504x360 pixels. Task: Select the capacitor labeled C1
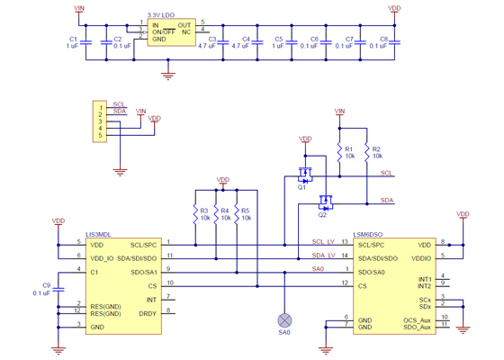point(85,42)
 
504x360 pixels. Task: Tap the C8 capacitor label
point(383,40)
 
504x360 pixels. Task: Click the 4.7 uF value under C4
point(240,46)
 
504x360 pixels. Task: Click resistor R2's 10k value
point(376,156)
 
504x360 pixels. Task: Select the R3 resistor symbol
point(194,214)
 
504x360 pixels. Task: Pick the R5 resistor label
point(246,211)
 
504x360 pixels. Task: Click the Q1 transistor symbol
point(306,174)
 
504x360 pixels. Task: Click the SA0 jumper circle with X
point(284,319)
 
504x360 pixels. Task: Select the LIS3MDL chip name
point(97,234)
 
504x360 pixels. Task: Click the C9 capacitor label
point(47,284)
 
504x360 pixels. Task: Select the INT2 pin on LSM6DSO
point(425,285)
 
